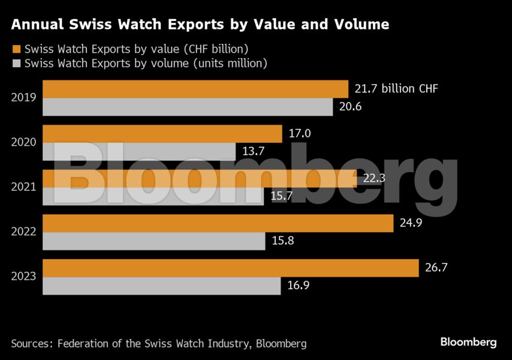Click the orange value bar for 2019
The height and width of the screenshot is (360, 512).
(x=195, y=89)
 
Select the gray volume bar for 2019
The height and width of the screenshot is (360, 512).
(x=188, y=107)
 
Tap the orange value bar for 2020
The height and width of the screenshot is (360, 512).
(x=162, y=134)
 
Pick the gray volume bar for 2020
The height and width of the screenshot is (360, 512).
(x=139, y=152)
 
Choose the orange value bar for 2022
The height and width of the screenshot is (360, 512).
(x=218, y=223)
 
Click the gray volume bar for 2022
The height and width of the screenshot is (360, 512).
(x=154, y=241)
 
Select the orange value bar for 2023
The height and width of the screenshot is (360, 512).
(x=231, y=268)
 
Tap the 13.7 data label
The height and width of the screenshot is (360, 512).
(x=253, y=152)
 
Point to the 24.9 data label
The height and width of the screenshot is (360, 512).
(x=411, y=224)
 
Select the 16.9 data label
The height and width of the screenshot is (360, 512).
(x=297, y=286)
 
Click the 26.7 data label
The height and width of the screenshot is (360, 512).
(x=436, y=268)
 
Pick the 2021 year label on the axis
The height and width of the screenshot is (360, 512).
(x=24, y=187)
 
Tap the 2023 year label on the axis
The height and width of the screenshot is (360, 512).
(x=24, y=277)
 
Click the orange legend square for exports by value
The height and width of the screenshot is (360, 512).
(x=16, y=49)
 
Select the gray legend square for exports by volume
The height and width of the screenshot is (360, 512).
(x=16, y=62)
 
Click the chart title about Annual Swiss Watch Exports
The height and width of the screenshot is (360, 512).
(x=200, y=25)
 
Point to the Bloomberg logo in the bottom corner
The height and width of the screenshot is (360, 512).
(x=468, y=342)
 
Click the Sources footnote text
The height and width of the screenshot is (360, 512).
(x=159, y=344)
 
